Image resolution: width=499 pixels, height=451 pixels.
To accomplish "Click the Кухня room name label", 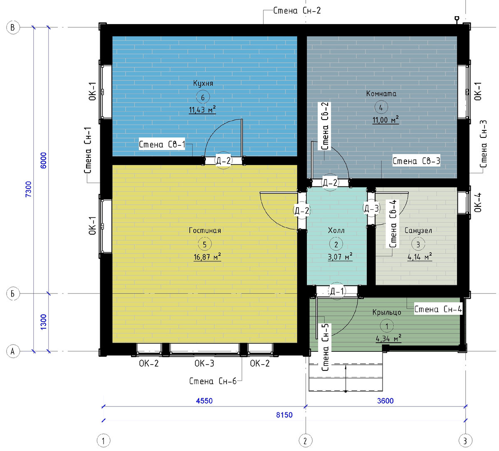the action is pyautogui.click(x=203, y=83).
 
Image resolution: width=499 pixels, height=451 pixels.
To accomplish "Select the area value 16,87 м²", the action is pyautogui.click(x=207, y=257).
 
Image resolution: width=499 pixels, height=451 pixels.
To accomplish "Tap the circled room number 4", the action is pyautogui.click(x=381, y=107).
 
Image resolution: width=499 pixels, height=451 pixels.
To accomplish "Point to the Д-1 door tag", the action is pyautogui.click(x=337, y=291).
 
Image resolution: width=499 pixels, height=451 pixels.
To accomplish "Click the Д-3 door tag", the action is pyautogui.click(x=371, y=208).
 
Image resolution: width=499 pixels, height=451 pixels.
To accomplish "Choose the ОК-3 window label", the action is pyautogui.click(x=204, y=363).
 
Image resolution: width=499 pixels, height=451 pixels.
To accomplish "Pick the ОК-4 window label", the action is pyautogui.click(x=478, y=203).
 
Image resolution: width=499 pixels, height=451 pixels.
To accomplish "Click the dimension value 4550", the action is pyautogui.click(x=204, y=401).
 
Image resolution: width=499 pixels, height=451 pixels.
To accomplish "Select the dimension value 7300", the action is pyautogui.click(x=29, y=189).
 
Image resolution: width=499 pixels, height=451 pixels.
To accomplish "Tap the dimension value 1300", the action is pyautogui.click(x=43, y=322).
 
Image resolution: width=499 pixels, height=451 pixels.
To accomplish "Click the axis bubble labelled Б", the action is pyautogui.click(x=13, y=294).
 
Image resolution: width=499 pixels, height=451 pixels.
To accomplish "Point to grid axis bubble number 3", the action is pyautogui.click(x=465, y=441).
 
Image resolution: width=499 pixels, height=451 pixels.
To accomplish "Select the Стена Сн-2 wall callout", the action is pyautogui.click(x=297, y=10).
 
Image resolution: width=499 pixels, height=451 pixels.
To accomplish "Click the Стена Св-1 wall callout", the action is pyautogui.click(x=162, y=144).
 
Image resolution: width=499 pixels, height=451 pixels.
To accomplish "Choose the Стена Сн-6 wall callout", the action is pyautogui.click(x=212, y=381).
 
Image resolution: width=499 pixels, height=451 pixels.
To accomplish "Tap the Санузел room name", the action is pyautogui.click(x=418, y=230).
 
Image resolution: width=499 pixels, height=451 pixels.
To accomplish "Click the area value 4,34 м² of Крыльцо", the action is pyautogui.click(x=388, y=339).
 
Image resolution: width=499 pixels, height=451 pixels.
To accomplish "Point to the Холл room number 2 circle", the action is pyautogui.click(x=336, y=245).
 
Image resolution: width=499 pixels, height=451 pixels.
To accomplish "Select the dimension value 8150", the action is pyautogui.click(x=284, y=415).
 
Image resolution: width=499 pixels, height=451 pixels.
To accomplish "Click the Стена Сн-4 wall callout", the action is pyautogui.click(x=438, y=309).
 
